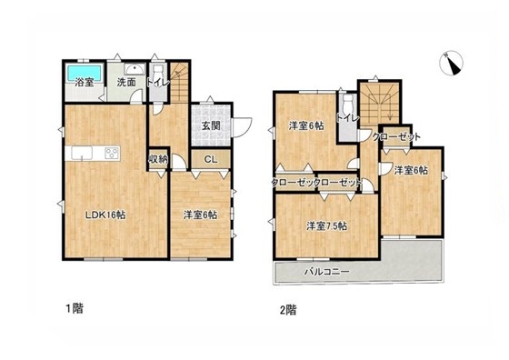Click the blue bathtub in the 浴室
(x=85, y=73)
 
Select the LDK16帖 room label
(x=105, y=215)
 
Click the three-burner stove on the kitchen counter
(x=113, y=153)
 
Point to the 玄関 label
(x=211, y=125)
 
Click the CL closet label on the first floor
(x=211, y=159)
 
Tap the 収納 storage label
(x=158, y=159)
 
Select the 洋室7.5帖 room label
(x=326, y=226)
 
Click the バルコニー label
(x=326, y=272)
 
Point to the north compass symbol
(x=451, y=64)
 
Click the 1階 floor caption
(x=75, y=308)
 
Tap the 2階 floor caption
(x=288, y=310)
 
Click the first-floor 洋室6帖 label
(x=200, y=215)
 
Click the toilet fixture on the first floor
(x=158, y=74)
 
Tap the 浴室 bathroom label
(x=85, y=83)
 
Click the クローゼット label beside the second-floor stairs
(x=396, y=136)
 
